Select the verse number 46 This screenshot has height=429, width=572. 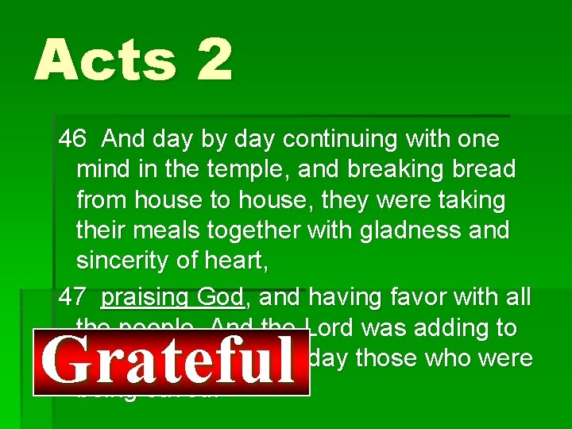coord(72,139)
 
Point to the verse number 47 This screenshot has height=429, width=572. coord(72,297)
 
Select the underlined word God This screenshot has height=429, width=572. coord(220,297)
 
